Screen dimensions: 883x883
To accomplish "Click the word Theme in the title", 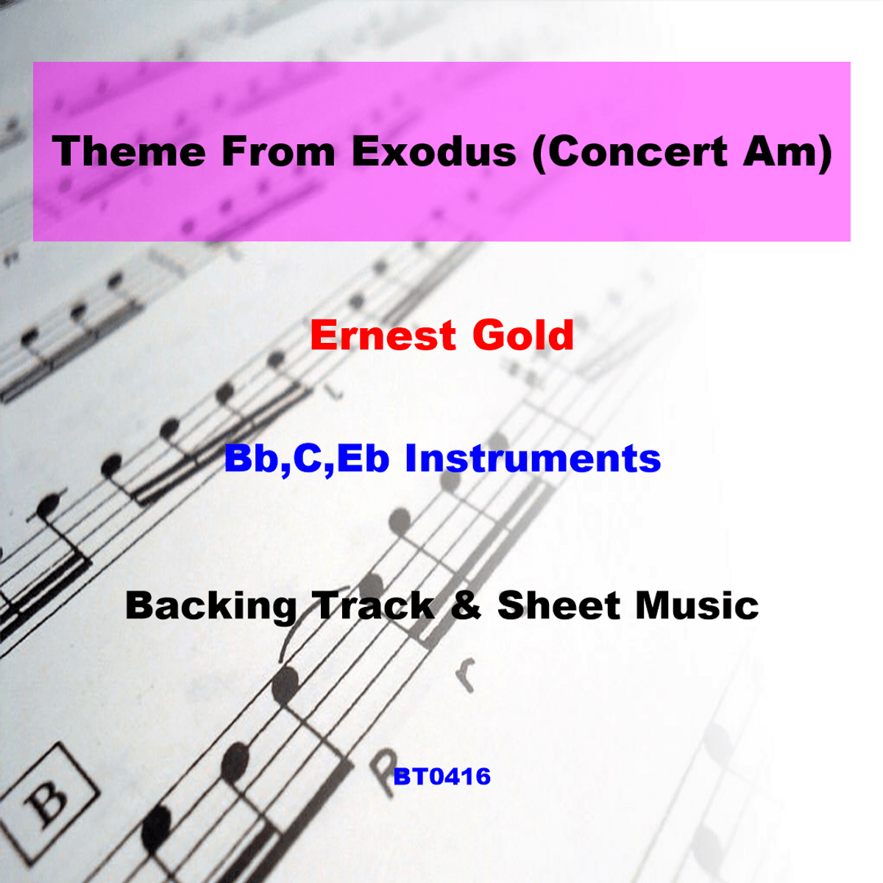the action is point(129,152).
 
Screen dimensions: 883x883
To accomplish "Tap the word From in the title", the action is point(278,152).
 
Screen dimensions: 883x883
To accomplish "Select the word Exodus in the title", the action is point(434,152).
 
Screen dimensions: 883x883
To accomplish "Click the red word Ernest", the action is point(383,336).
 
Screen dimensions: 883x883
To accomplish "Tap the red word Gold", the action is point(523,335).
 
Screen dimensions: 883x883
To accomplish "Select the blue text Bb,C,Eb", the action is point(307,459).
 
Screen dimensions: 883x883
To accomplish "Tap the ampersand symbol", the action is point(466,606).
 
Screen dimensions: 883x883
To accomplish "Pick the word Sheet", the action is point(558,606).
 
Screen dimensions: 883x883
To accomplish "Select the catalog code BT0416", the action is point(441,776).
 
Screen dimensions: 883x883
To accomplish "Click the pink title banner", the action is point(441,152).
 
